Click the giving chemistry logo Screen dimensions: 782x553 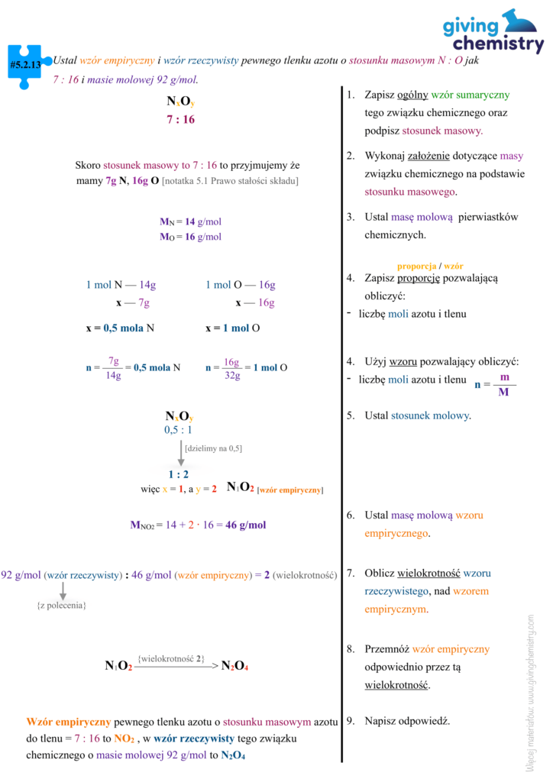[493, 31]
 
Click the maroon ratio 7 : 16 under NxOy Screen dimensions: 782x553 [180, 119]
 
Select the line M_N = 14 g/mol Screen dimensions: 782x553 [190, 221]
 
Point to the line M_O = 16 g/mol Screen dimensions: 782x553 [190, 237]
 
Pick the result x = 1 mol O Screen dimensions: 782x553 [232, 328]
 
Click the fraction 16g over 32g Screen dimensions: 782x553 [231, 367]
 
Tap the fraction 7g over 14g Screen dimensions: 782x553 [113, 367]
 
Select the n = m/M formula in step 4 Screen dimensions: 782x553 [496, 385]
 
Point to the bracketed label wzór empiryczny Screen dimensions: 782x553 [290, 490]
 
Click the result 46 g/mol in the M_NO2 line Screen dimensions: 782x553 [246, 525]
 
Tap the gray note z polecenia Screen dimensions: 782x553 [62, 605]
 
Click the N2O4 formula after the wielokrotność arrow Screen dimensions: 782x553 [234, 667]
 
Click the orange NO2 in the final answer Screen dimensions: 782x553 [125, 739]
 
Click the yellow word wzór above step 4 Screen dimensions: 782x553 [454, 266]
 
